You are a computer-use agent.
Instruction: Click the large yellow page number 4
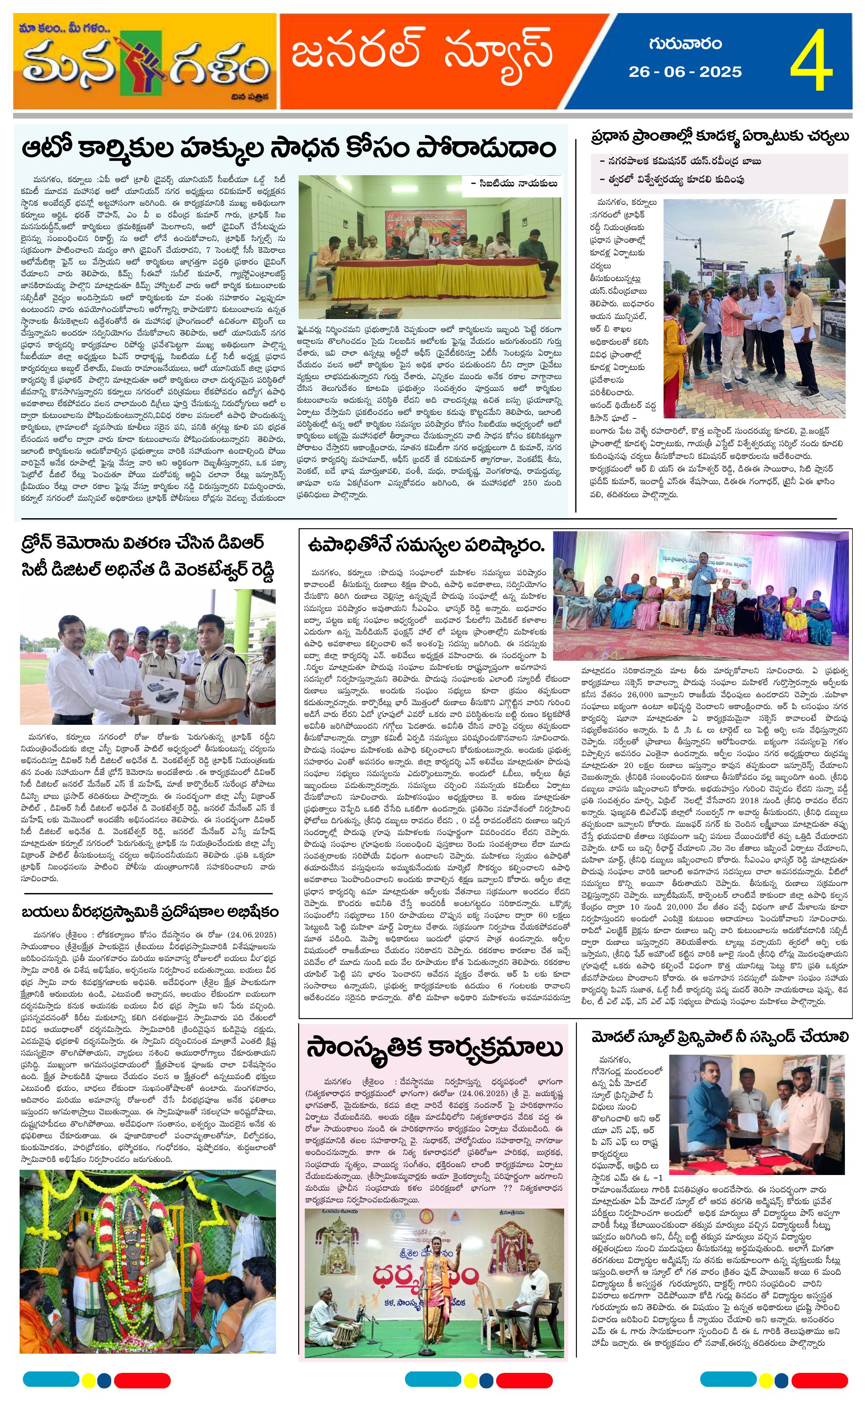pos(811,61)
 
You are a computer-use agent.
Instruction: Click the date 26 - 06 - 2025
pos(685,72)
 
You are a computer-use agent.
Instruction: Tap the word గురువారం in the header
pos(685,44)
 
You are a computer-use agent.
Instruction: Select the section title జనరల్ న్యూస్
pos(422,53)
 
